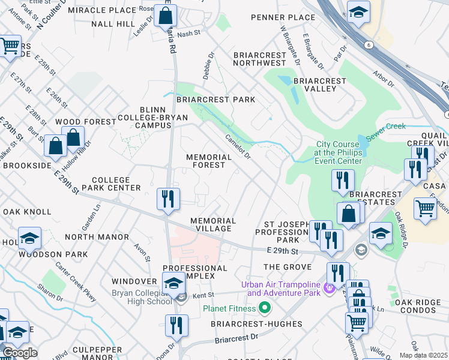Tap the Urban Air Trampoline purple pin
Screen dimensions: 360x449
(329, 289)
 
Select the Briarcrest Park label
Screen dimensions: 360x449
(215, 100)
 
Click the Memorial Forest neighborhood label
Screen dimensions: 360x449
(209, 161)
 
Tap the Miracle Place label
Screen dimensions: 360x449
(102, 11)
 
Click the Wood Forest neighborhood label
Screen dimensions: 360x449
(85, 122)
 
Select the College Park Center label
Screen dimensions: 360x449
(111, 184)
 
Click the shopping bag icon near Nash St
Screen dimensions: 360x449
(165, 16)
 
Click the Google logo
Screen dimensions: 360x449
(20, 353)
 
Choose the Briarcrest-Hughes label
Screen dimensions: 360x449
(256, 324)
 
